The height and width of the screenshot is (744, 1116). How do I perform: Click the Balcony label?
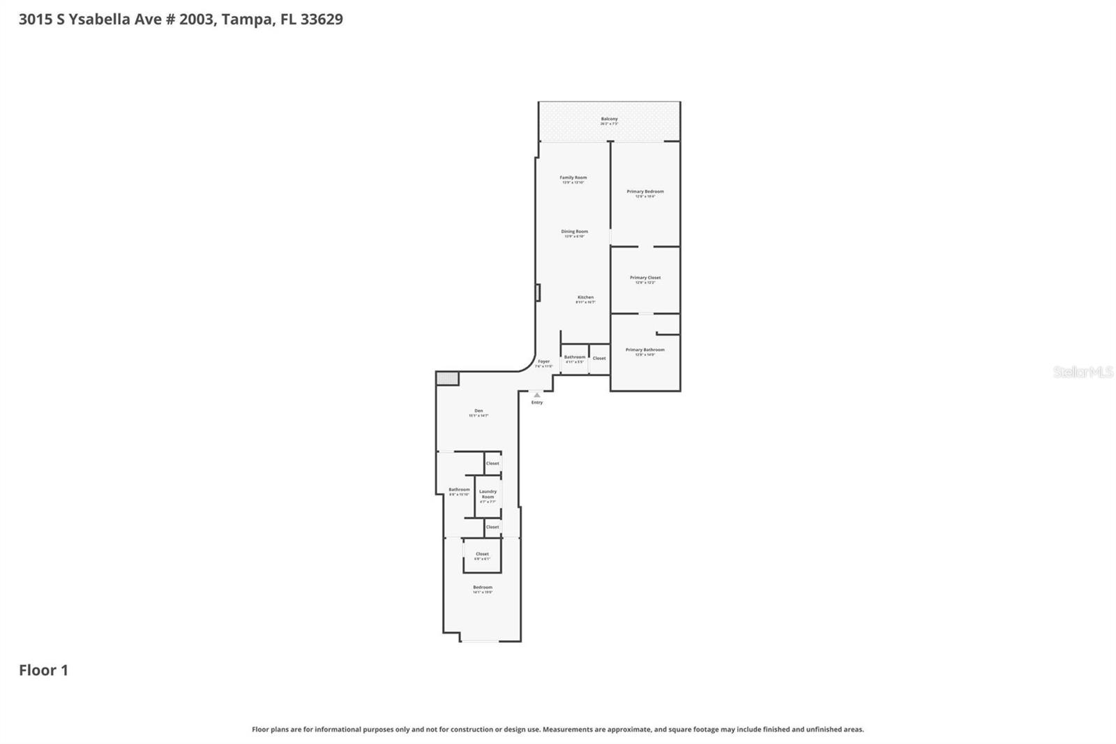pos(609,119)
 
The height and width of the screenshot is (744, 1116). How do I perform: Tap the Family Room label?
pos(573,178)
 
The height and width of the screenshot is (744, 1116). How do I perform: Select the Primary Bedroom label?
pos(644,192)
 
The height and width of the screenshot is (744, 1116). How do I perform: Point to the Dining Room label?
pos(574,232)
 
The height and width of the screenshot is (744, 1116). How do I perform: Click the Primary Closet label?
pos(644,278)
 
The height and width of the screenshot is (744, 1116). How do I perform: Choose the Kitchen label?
pos(585,298)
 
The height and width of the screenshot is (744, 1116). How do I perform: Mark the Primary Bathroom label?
pos(644,350)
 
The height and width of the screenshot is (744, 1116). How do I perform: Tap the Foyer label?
pos(543,362)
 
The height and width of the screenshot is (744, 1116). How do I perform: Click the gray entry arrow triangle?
pos(536,395)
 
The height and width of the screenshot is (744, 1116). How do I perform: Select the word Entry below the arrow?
pos(536,403)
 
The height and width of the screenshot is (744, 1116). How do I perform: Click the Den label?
pos(478,411)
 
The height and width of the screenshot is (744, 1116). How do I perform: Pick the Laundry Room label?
pos(488,494)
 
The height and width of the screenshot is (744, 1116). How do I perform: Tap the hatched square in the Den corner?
pos(447,378)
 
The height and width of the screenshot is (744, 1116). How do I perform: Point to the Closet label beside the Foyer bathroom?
pos(599,358)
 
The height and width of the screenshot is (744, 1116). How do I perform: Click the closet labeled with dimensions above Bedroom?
pos(482,555)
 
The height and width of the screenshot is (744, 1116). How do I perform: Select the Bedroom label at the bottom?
pos(482,588)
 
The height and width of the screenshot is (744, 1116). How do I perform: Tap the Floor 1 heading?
pos(43,670)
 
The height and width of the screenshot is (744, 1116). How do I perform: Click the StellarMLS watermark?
pos(1083,372)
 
